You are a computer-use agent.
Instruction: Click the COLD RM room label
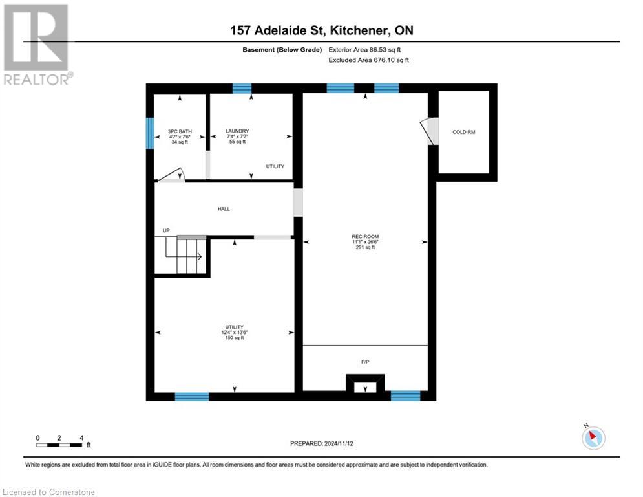(463, 132)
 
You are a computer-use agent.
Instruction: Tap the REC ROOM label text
(365, 241)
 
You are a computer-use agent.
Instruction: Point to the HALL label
(224, 209)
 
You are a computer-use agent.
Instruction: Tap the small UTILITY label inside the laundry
(275, 166)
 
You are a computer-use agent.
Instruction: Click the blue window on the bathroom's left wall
(150, 133)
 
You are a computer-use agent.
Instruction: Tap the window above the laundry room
(242, 89)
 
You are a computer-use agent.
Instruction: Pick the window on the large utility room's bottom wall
(192, 396)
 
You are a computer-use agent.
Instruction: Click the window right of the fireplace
(405, 396)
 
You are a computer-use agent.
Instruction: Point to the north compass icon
(593, 437)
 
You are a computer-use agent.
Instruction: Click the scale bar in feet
(59, 445)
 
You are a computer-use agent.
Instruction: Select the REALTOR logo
(37, 44)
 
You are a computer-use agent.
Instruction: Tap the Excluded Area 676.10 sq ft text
(369, 60)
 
